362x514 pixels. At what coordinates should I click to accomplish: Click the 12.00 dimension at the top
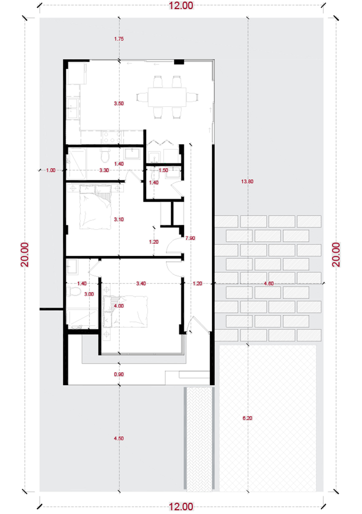point(181,6)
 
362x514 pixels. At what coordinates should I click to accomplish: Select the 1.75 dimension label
point(119,39)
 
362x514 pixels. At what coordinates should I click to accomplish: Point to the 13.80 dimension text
point(247,181)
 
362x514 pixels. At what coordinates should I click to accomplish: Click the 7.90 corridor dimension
point(190,238)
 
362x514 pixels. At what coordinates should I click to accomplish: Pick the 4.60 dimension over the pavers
point(269,283)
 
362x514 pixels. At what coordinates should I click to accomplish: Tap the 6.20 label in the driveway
point(247,418)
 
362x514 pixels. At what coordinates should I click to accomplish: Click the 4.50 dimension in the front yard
point(119,438)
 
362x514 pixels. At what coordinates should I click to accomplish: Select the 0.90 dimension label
point(119,374)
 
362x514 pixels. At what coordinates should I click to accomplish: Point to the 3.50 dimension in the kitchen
point(119,103)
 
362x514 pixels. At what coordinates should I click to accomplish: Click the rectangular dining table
point(167,97)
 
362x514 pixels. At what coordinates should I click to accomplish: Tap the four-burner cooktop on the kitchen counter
point(112,137)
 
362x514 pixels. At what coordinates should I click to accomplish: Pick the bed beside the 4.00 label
point(125,311)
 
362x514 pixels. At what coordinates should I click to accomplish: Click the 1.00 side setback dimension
point(51,170)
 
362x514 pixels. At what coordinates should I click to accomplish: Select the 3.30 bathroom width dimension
point(104,170)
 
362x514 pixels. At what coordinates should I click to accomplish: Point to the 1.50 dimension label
point(163,170)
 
